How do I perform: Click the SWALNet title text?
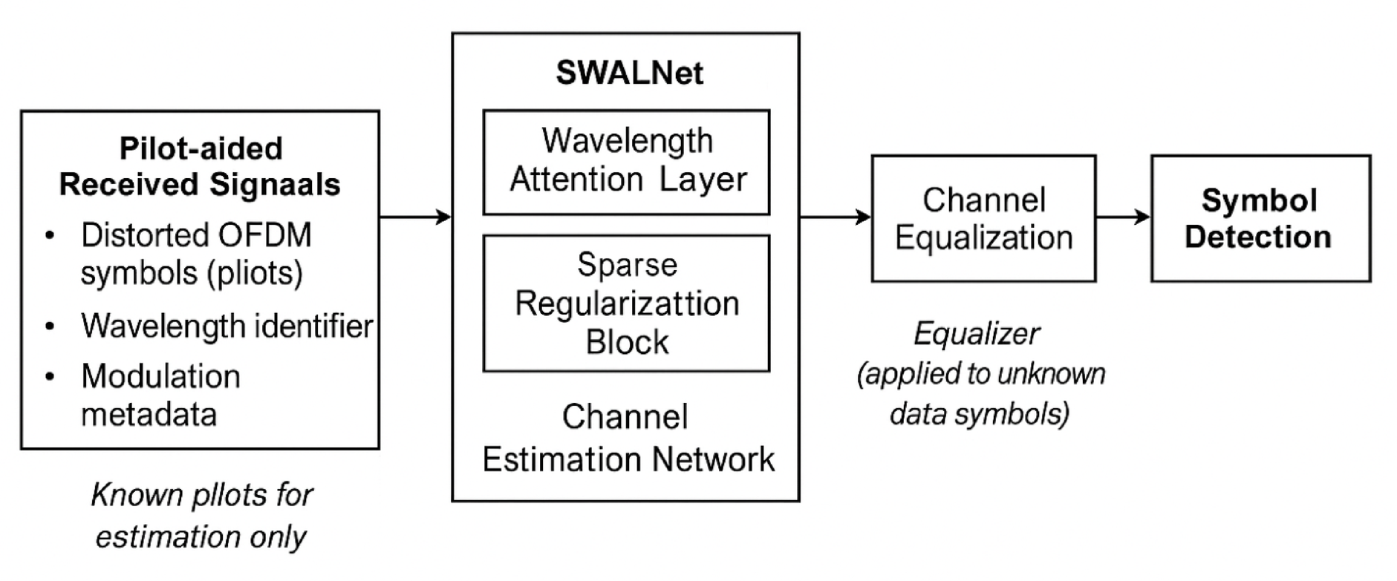(629, 73)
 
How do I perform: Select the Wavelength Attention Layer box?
(626, 162)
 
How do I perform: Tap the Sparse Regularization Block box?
(626, 303)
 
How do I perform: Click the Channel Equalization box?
(983, 218)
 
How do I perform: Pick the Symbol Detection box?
(1260, 218)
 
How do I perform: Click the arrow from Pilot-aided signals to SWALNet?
(416, 217)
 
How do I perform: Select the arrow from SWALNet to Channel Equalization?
(835, 217)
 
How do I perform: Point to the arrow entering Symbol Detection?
(1122, 217)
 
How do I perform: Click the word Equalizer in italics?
(977, 334)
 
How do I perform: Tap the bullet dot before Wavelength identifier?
(50, 326)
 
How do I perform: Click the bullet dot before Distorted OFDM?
(50, 236)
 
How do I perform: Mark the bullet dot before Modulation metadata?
(50, 377)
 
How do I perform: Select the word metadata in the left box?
(149, 414)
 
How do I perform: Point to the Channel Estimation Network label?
(628, 438)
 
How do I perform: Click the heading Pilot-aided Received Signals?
(201, 166)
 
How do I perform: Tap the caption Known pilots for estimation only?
(201, 515)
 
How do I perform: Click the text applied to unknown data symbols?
(980, 393)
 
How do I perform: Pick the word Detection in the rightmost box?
(1257, 237)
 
